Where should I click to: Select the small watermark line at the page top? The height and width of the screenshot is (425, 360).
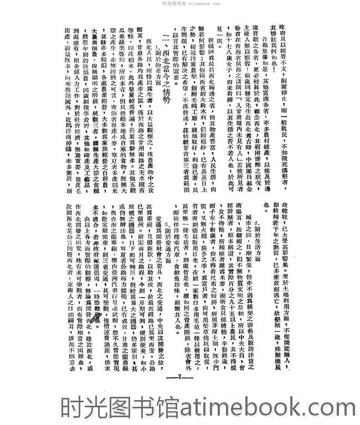tap(179, 3)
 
